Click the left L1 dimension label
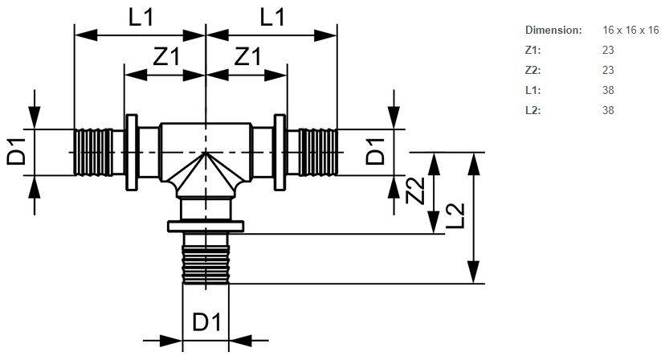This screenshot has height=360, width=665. tap(141, 18)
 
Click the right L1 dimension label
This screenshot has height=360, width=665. tap(273, 18)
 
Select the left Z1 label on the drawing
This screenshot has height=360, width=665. tap(165, 58)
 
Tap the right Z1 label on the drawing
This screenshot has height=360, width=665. tap(246, 58)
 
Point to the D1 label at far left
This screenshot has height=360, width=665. tap(18, 151)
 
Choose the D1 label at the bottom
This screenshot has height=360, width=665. tap(206, 323)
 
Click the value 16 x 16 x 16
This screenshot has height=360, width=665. tap(630, 30)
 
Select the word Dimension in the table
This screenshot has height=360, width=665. tap(553, 30)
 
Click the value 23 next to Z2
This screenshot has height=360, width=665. tap(608, 70)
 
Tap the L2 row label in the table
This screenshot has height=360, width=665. tap(533, 110)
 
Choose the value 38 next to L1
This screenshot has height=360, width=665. tap(608, 90)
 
